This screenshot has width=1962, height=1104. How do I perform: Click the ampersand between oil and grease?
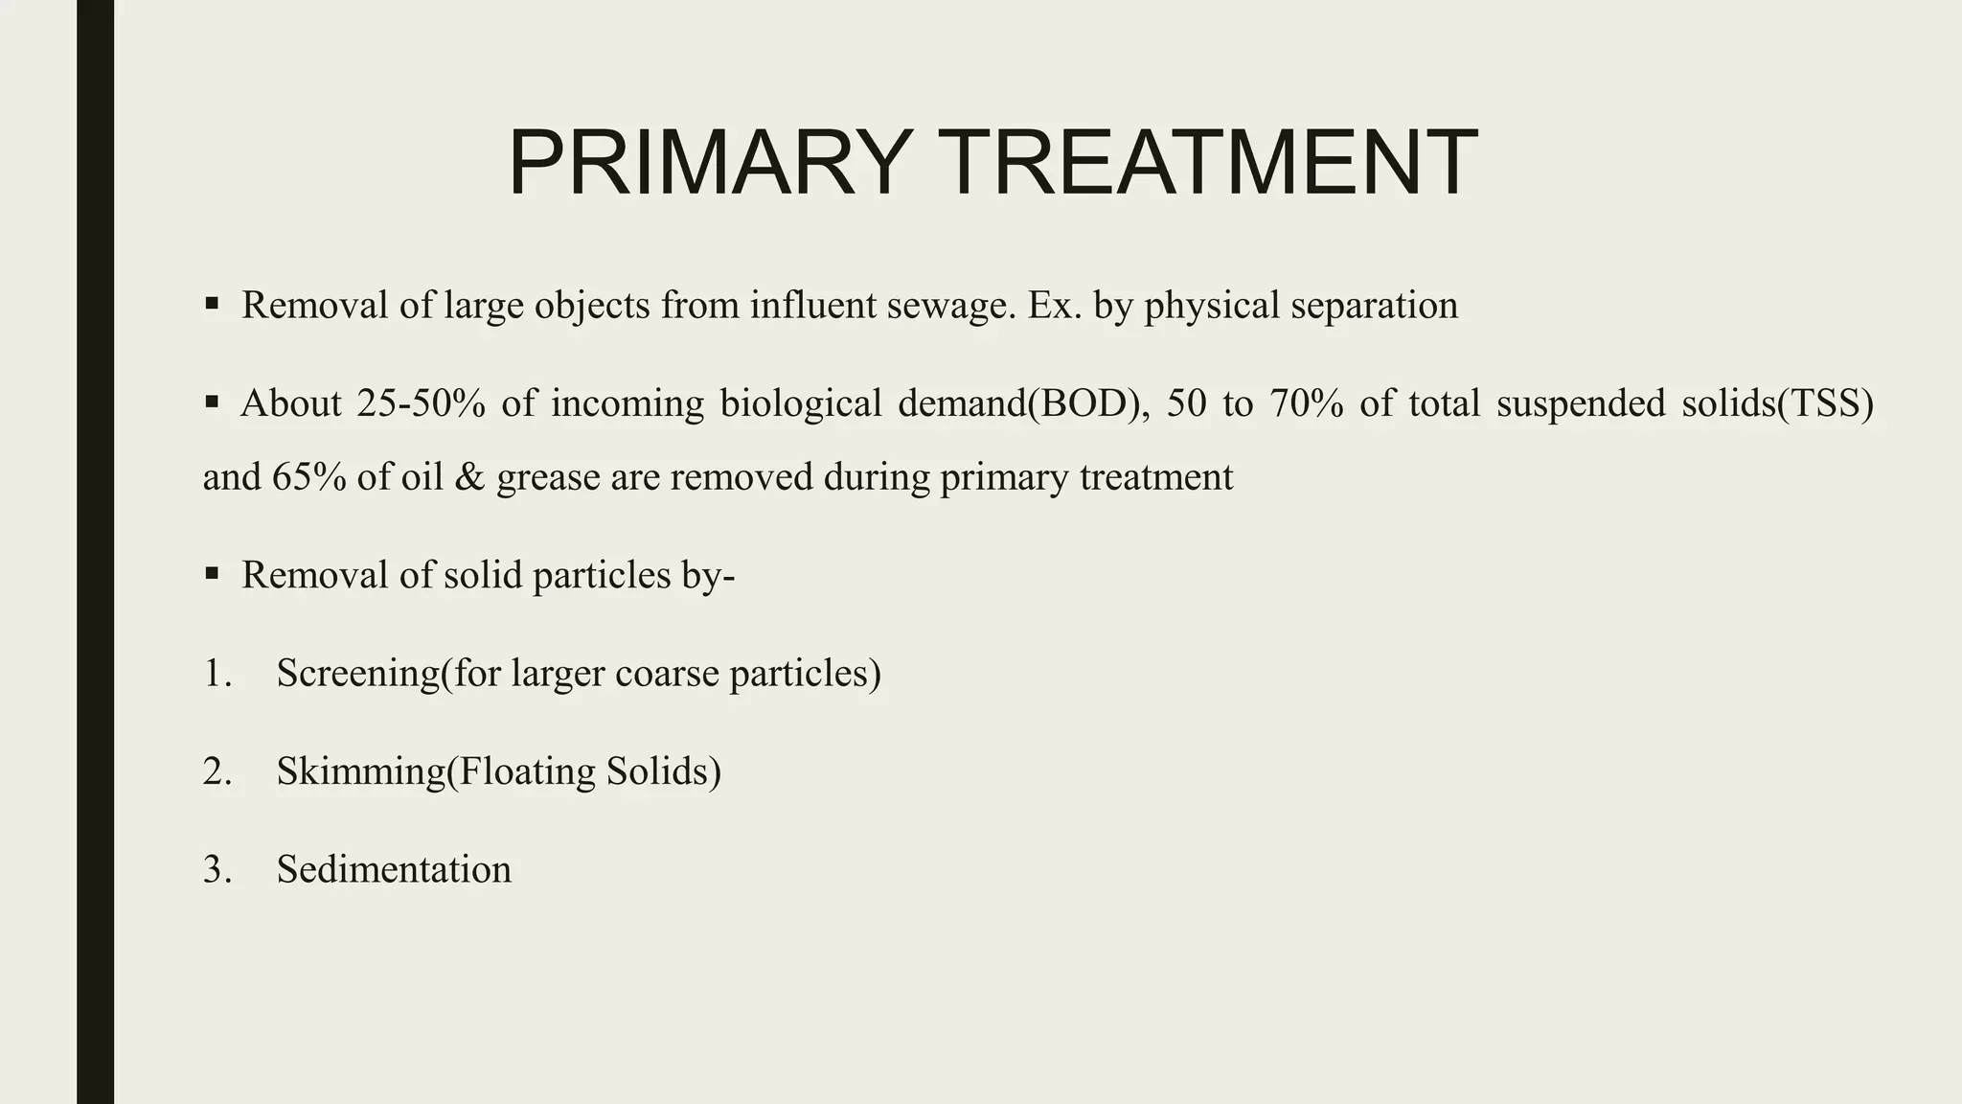(469, 477)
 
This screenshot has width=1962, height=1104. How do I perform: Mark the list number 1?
(217, 674)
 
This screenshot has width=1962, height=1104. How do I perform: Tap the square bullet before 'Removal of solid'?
(212, 574)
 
